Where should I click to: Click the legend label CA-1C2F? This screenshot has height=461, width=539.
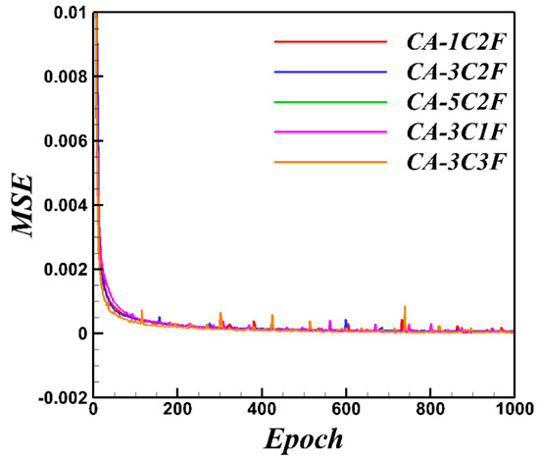[454, 42]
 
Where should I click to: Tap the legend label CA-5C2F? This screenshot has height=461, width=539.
[454, 101]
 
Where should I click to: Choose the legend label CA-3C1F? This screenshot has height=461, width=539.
[454, 130]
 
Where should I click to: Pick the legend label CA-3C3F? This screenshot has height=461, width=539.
[454, 160]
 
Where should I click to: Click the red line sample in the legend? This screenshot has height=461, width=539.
[330, 42]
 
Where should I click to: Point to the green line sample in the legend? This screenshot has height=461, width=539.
[330, 101]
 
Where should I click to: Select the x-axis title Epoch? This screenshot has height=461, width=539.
[303, 437]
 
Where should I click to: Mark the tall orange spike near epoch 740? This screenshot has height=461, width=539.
[405, 310]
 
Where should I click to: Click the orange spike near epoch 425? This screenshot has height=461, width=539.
[271, 318]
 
